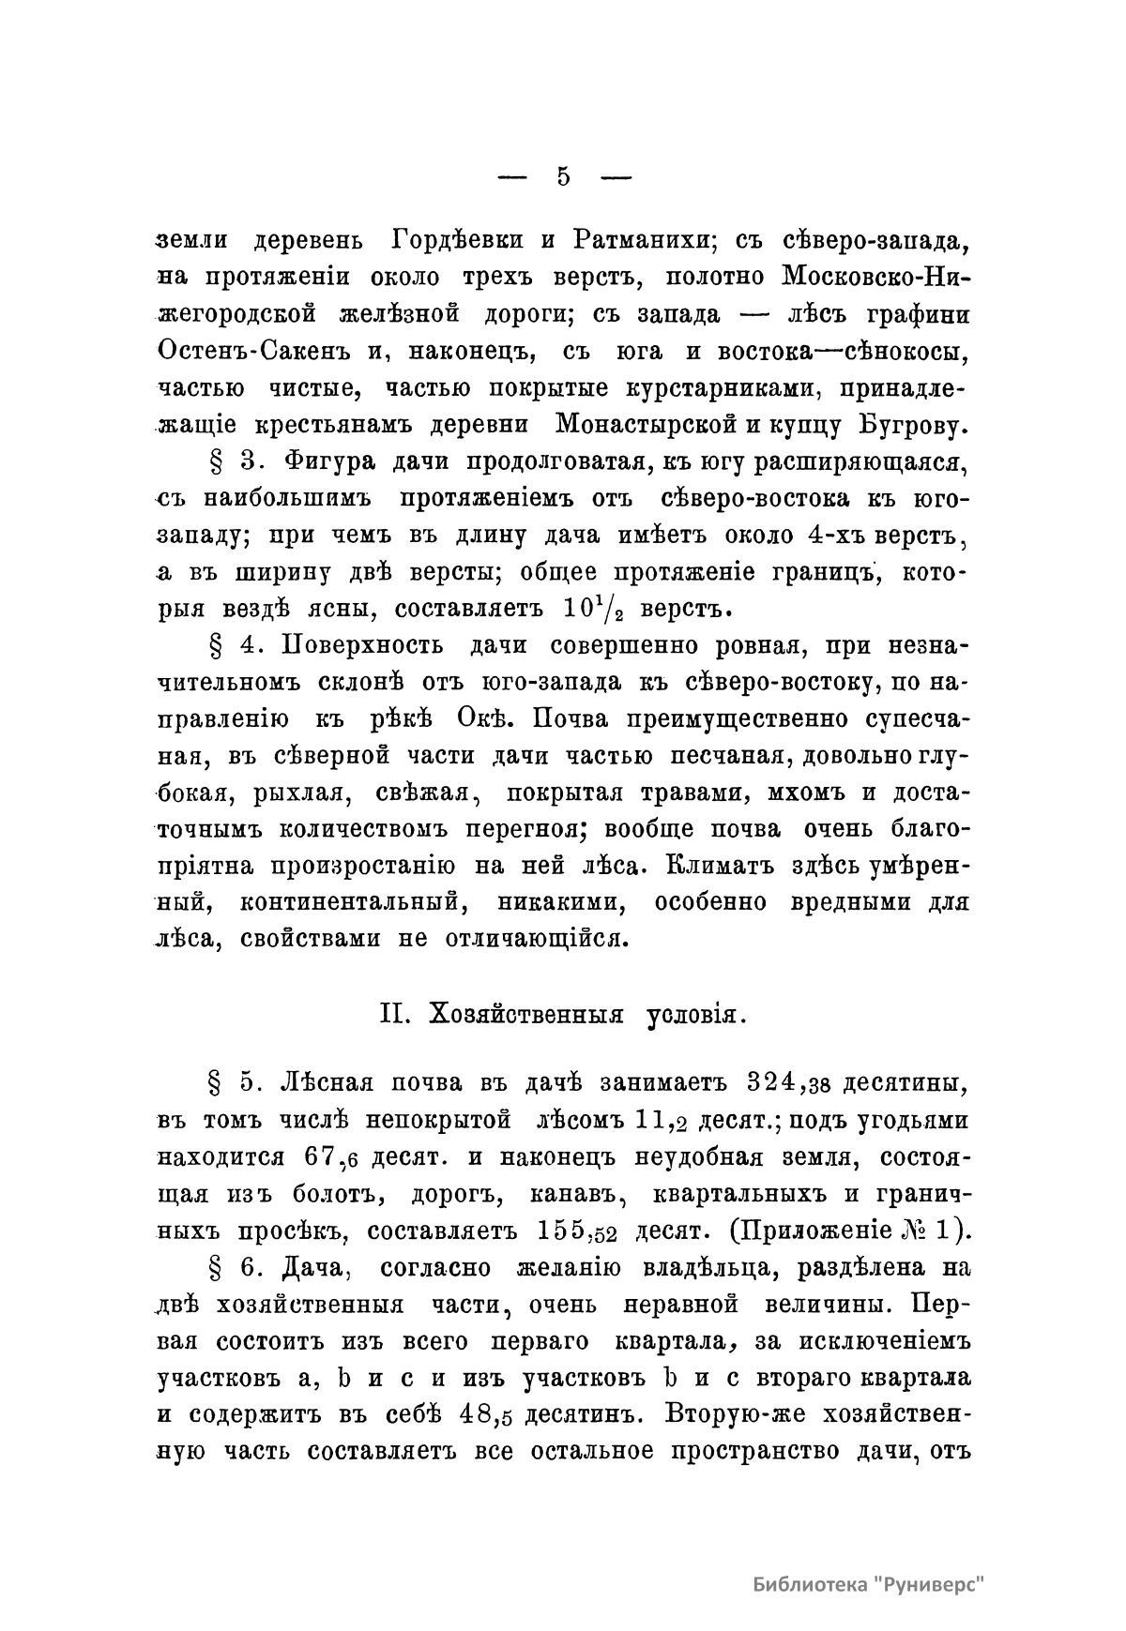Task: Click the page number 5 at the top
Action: [563, 176]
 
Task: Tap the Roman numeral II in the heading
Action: [389, 1014]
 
